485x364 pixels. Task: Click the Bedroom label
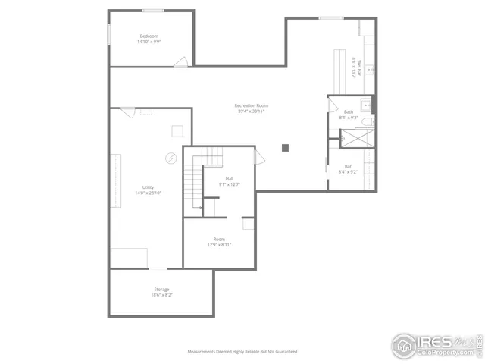149,36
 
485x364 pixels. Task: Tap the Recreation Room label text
251,105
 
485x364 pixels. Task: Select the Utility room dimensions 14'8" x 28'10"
148,193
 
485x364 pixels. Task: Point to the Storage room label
161,289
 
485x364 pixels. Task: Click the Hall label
229,179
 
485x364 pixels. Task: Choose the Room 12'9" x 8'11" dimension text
218,245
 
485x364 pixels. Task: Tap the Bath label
349,111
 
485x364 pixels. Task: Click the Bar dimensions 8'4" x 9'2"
348,172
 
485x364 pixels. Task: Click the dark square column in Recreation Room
285,147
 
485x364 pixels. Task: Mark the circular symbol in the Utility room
171,158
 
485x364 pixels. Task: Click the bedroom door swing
181,61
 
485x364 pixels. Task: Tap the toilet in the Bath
366,121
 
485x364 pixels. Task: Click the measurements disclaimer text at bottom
242,352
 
